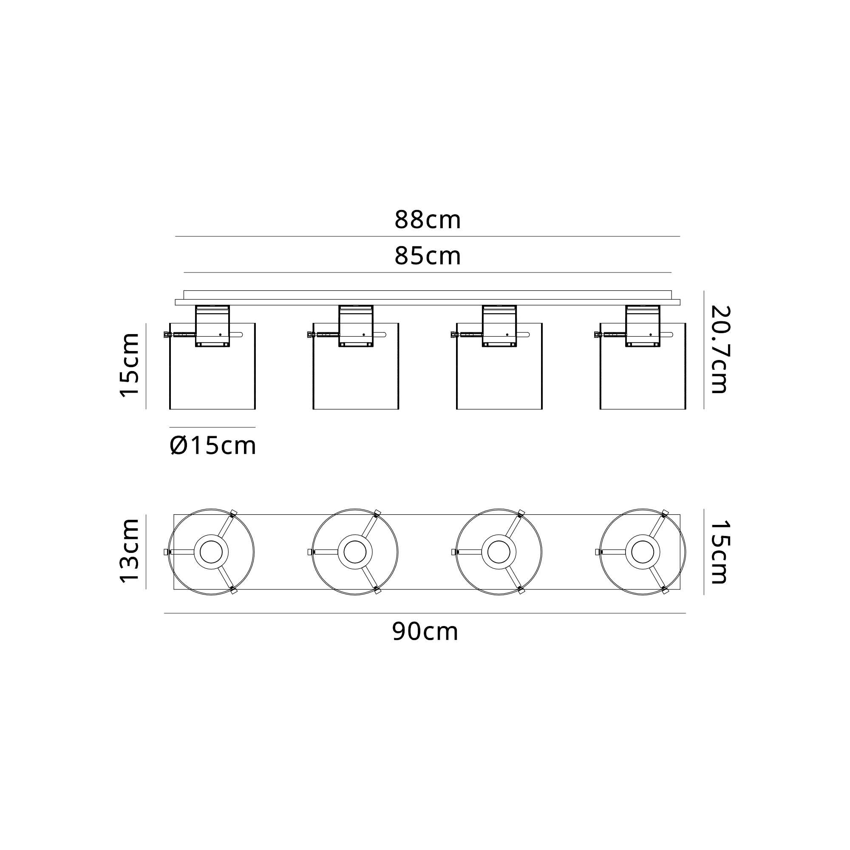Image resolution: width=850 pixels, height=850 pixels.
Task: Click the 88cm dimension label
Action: point(427,220)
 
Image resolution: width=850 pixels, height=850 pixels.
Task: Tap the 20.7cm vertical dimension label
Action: point(720,349)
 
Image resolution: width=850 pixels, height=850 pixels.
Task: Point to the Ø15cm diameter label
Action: point(212,446)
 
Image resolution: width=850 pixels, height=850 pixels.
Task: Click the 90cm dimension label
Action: point(425,632)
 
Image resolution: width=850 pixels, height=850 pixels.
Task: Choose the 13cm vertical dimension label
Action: point(130,551)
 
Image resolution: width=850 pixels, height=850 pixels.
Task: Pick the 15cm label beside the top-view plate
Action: point(720,552)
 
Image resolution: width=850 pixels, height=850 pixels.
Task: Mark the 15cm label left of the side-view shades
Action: point(130,365)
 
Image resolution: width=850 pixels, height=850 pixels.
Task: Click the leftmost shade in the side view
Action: point(212,366)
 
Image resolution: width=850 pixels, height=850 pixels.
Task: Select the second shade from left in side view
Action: point(356,366)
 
